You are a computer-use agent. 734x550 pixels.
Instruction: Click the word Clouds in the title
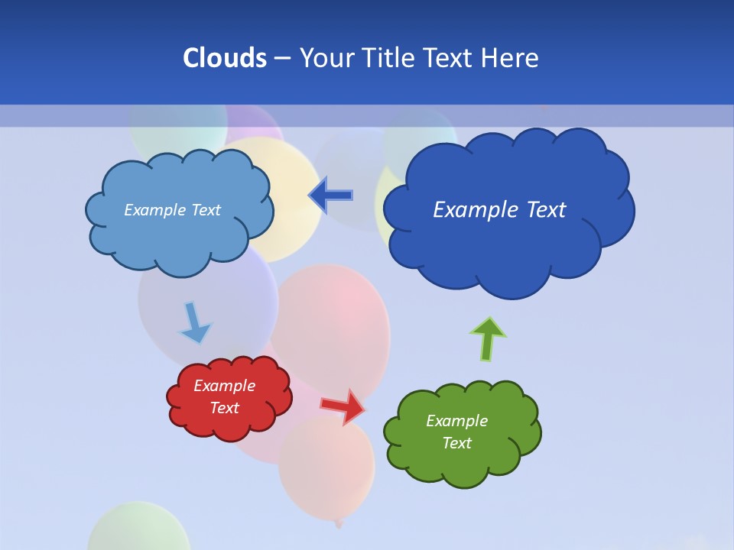click(x=224, y=58)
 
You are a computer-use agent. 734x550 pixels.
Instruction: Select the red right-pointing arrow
click(x=344, y=406)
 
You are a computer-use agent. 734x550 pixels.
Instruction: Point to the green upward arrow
click(x=487, y=338)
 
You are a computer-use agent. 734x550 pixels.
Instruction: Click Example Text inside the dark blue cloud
click(x=499, y=210)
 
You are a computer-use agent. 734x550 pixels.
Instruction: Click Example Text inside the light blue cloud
click(x=172, y=210)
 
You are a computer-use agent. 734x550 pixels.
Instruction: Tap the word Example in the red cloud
click(x=224, y=386)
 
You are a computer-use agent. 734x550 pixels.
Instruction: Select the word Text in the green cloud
click(x=456, y=443)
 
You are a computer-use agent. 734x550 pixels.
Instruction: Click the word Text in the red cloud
click(x=224, y=408)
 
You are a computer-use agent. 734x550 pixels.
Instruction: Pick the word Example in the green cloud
click(x=456, y=421)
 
